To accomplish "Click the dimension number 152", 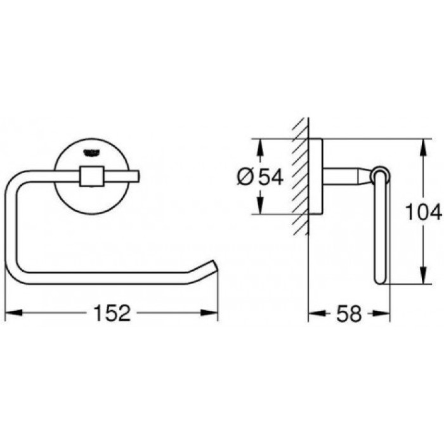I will pos(113,313).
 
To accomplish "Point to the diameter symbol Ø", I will pos(246,177).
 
